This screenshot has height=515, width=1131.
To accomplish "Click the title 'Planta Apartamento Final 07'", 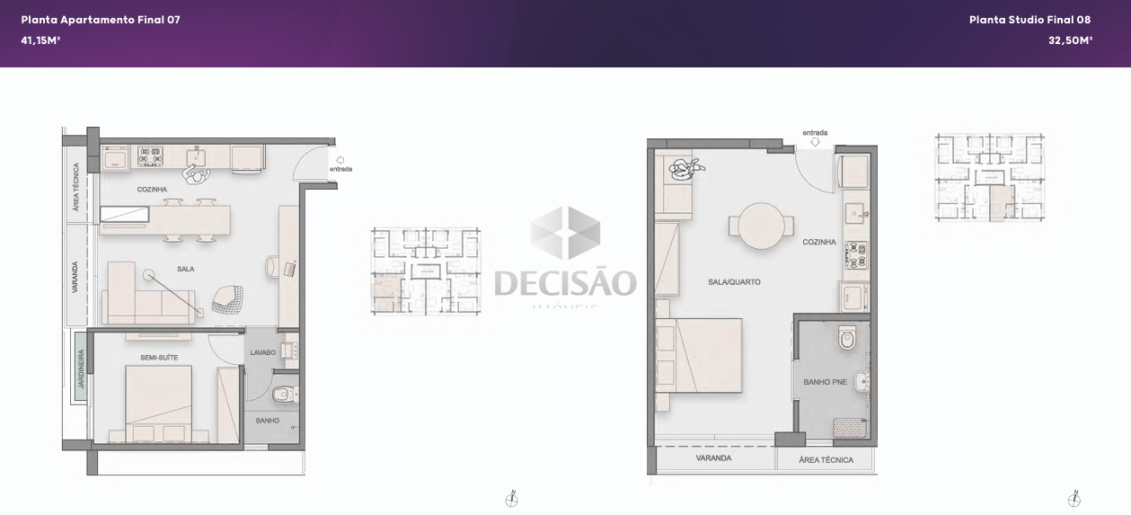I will (x=101, y=20).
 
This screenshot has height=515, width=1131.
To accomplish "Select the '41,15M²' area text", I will (x=40, y=40).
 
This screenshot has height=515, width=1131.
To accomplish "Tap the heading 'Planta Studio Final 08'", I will (x=1029, y=20).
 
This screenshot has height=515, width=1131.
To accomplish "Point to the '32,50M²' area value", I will (x=1070, y=40).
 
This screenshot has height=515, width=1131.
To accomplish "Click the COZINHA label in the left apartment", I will (x=152, y=190).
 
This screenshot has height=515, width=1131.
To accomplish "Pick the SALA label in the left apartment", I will (x=185, y=269).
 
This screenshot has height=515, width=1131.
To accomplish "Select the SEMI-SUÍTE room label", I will (x=159, y=358).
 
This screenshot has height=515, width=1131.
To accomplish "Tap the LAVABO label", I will (x=262, y=352).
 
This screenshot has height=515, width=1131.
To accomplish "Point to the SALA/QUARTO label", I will (x=734, y=282).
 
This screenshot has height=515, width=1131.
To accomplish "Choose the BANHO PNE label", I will (x=825, y=382).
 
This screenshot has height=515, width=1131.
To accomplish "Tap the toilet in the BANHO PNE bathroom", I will (x=847, y=340).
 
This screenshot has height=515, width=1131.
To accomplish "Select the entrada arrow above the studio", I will (x=815, y=142).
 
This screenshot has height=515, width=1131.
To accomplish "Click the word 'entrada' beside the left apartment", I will (x=340, y=169).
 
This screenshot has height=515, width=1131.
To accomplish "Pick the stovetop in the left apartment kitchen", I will (x=150, y=157).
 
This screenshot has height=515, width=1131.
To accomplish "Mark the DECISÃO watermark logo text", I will (x=565, y=282).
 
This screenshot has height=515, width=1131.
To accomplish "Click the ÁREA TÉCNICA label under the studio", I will (x=826, y=460).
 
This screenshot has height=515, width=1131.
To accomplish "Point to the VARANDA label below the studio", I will (x=713, y=458).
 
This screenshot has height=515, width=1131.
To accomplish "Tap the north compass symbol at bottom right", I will (x=1074, y=499).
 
